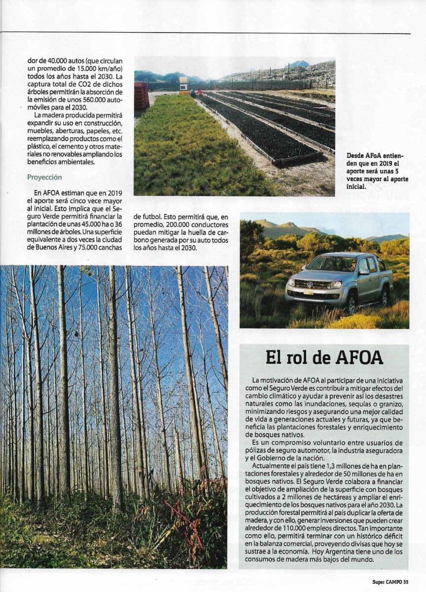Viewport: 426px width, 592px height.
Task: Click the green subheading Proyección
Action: [x=44, y=177]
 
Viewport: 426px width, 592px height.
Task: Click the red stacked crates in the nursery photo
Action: [x=142, y=96]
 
